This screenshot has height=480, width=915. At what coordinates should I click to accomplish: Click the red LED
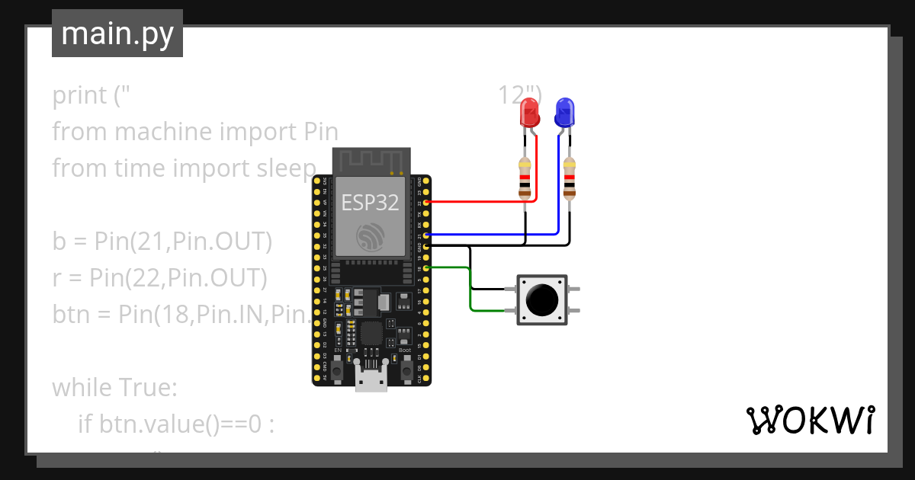click(x=529, y=114)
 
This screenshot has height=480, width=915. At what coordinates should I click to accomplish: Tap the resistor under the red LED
click(x=525, y=178)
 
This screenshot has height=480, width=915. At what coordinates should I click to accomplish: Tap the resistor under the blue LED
click(x=569, y=178)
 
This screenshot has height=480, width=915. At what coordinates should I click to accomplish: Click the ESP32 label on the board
click(x=369, y=203)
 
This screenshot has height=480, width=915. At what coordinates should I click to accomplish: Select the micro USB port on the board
click(x=371, y=379)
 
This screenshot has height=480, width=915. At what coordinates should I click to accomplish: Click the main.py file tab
click(x=117, y=34)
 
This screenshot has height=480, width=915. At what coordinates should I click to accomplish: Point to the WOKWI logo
click(x=810, y=420)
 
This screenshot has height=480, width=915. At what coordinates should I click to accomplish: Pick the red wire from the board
click(x=480, y=203)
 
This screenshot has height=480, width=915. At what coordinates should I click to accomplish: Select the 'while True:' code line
click(x=114, y=388)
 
